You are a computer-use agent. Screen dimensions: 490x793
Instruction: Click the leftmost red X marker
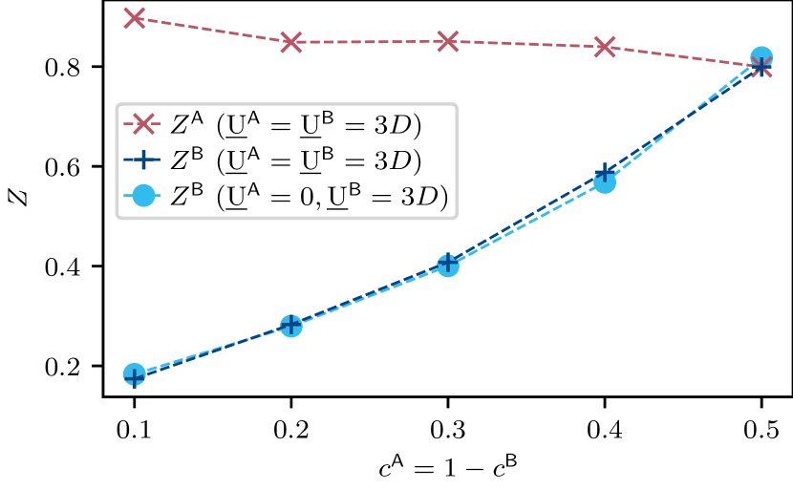(x=135, y=17)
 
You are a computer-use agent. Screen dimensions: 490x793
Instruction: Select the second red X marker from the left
(x=291, y=41)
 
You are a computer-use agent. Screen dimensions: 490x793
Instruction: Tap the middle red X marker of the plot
(x=448, y=40)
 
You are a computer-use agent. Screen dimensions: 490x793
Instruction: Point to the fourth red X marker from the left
(x=605, y=46)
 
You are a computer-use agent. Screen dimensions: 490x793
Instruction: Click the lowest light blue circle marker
(x=135, y=374)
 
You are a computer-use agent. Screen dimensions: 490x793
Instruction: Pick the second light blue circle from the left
(x=291, y=326)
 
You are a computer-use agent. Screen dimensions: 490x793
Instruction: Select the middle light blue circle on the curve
(x=448, y=265)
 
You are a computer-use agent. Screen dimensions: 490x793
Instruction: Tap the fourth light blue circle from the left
(x=605, y=181)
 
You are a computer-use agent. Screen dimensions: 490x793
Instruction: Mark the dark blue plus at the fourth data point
(x=605, y=173)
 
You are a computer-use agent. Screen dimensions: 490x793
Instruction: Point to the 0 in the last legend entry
(x=306, y=198)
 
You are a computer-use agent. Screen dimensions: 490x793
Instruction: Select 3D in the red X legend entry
(x=401, y=125)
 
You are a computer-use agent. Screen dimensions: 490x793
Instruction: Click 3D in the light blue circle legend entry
(x=426, y=198)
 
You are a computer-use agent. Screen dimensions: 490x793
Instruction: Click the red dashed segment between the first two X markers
(x=213, y=30)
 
